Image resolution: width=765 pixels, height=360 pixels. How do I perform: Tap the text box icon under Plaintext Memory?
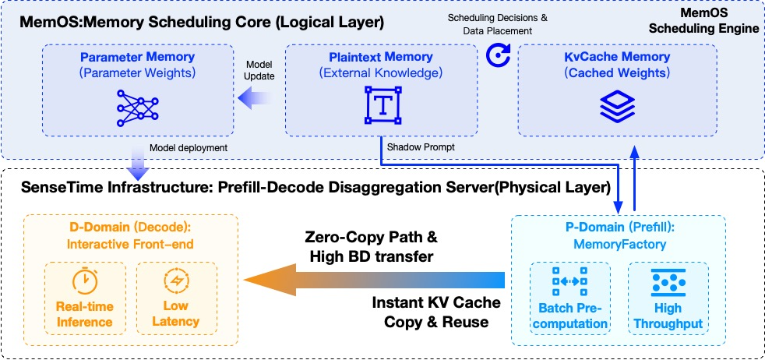coord(382,104)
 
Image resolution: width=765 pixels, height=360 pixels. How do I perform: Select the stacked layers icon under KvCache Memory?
coord(618,104)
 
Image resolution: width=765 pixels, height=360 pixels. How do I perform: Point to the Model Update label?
coord(258,70)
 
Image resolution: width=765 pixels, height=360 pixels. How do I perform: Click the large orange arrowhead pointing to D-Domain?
coord(269,279)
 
